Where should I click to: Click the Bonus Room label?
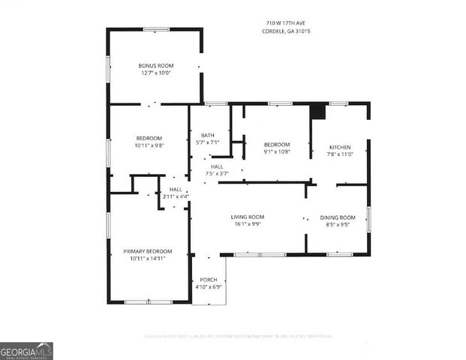coord(155,66)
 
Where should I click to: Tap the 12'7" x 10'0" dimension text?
coord(155,73)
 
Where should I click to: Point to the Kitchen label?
coord(336,145)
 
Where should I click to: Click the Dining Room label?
coord(337,217)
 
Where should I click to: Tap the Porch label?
coord(208,280)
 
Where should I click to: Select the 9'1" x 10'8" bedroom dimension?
coord(276,151)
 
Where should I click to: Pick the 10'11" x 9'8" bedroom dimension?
coord(149,145)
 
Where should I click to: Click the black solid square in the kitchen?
coord(317,111)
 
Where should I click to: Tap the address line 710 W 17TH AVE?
coord(281,23)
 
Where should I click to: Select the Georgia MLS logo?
coord(26,351)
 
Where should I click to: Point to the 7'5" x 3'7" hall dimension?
coord(216,173)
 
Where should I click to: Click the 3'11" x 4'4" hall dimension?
coord(176,196)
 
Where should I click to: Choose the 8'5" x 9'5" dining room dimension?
coord(337,223)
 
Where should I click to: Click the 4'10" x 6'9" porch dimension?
coord(208,286)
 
